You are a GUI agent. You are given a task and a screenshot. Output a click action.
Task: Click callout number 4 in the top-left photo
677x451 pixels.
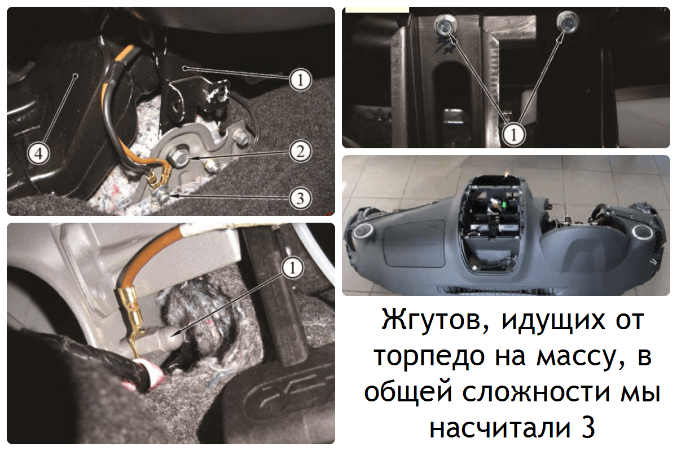tap(38, 153)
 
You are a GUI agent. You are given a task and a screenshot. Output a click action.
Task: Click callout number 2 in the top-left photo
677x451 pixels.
tap(300, 151)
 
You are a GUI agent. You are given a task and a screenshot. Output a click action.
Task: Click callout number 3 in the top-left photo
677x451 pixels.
tap(300, 198)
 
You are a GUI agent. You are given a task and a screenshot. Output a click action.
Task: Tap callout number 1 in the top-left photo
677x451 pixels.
tap(300, 80)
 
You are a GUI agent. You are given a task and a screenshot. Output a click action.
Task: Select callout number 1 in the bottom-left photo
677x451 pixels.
tap(292, 268)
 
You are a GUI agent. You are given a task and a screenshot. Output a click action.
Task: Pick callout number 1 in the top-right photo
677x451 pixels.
tap(513, 134)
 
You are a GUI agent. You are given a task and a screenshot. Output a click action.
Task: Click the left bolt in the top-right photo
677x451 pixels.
tap(446, 24)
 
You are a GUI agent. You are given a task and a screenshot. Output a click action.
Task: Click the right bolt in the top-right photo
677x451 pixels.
tap(568, 21)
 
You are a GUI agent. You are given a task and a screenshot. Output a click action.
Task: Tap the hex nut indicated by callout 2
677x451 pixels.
tap(179, 156)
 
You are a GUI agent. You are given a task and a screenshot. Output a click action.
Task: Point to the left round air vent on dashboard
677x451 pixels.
tap(363, 231)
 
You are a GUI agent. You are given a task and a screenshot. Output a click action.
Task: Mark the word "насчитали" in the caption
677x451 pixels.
tap(500, 428)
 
